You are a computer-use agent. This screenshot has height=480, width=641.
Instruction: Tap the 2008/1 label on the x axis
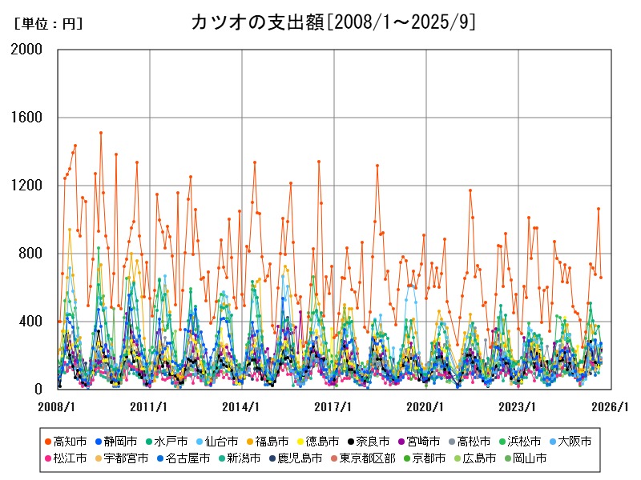tap(58, 406)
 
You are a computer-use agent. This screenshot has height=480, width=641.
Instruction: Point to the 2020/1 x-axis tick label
tap(426, 406)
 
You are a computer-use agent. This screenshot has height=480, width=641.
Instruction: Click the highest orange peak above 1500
tap(100, 133)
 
